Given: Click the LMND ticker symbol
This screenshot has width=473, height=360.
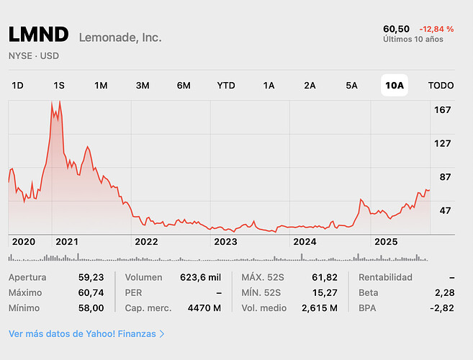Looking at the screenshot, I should (x=38, y=35).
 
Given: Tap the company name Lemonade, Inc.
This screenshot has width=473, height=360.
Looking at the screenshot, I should (x=120, y=37).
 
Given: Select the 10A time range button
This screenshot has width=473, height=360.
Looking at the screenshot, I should (x=395, y=85).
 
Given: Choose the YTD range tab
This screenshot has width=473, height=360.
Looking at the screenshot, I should (x=226, y=85).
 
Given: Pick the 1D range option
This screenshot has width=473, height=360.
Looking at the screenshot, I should (x=17, y=85).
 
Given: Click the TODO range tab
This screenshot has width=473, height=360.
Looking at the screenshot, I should (x=441, y=85).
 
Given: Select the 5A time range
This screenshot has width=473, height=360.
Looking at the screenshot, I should (x=351, y=85).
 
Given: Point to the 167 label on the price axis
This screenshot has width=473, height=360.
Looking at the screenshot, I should (x=443, y=109).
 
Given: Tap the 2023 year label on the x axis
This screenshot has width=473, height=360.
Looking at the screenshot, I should (x=225, y=242).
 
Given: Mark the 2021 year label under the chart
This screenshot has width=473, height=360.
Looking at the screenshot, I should (x=66, y=242).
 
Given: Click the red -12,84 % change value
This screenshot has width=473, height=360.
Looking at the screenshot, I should (x=436, y=29).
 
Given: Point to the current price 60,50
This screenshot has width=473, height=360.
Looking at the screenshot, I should (x=397, y=29).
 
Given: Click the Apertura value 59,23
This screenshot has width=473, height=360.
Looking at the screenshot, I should (x=91, y=277).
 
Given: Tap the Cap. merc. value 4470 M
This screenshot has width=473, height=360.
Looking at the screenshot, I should (x=206, y=308).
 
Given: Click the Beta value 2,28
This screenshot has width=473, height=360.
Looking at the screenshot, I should (x=445, y=293).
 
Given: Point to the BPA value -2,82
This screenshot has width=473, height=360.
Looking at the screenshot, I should (x=443, y=308).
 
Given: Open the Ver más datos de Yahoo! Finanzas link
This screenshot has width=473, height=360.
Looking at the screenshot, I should (x=86, y=334).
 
